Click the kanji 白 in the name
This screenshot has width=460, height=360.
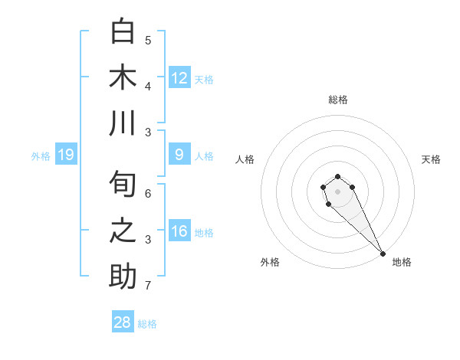123,32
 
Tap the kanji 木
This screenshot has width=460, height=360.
123,77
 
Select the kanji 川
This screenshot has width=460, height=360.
123,123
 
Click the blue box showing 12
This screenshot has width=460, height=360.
179,78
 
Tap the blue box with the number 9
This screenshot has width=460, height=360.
179,155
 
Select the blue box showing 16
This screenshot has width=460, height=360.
179,231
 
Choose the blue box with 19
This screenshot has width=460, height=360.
66,155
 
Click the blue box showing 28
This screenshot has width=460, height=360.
123,322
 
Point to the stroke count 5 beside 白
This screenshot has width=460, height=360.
148,40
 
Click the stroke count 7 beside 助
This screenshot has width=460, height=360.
148,286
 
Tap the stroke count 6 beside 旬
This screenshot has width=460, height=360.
148,194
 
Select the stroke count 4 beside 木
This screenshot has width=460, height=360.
148,86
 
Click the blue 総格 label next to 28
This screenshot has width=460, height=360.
147,324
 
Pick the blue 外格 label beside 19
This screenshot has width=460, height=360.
41,156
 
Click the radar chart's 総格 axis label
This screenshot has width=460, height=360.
337,100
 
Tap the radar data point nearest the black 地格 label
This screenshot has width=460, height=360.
383,254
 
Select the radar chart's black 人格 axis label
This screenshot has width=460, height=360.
245,159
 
